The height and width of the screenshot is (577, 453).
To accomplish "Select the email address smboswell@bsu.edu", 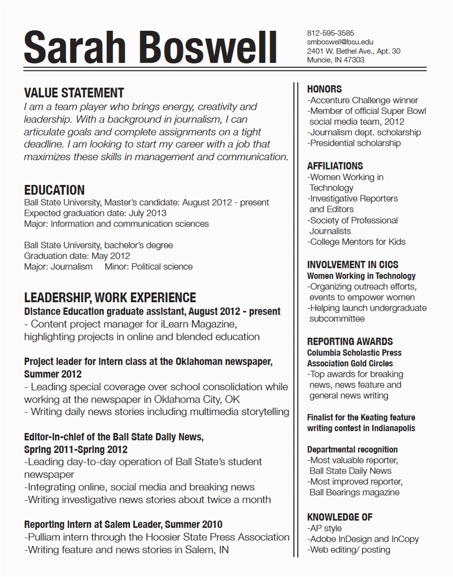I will (x=340, y=42).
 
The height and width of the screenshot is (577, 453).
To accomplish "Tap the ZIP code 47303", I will (x=353, y=60).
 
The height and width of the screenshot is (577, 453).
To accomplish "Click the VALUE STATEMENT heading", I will (x=74, y=93).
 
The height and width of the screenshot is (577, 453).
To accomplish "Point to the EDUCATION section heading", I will (x=54, y=190).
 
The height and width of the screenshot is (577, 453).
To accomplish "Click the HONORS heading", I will (x=324, y=89).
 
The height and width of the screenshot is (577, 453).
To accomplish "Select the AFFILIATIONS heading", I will (x=335, y=166).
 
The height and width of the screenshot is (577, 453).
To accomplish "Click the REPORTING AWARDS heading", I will (x=350, y=341).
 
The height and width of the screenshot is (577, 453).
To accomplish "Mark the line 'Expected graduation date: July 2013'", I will (x=95, y=213).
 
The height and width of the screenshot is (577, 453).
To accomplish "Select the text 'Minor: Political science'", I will (x=149, y=266).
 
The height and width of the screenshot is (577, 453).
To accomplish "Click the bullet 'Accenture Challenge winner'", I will (x=363, y=100).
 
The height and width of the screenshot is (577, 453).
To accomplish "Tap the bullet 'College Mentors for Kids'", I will (x=357, y=242).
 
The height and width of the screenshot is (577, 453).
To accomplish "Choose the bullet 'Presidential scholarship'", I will (x=354, y=143).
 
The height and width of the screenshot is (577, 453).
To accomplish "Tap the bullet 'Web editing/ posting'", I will (x=349, y=550).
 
